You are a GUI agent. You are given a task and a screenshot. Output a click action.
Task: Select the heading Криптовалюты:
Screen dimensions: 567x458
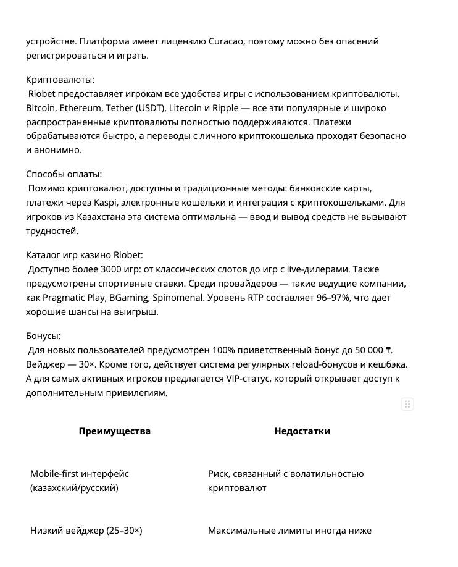tap(60, 80)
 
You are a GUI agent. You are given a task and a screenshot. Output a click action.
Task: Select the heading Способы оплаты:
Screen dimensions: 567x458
tap(64, 174)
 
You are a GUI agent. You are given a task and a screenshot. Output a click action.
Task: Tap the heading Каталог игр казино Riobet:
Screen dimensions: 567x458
tap(85, 255)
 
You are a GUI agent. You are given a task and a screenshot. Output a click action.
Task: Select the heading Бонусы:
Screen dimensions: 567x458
tap(43, 336)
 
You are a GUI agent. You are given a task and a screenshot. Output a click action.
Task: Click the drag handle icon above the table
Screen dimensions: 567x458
tap(407, 405)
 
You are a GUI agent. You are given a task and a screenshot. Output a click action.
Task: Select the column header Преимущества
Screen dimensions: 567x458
tap(115, 431)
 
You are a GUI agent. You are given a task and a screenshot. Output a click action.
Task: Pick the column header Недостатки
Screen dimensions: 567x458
tap(302, 431)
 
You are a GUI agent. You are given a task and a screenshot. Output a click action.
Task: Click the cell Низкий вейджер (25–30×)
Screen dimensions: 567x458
tap(86, 531)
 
